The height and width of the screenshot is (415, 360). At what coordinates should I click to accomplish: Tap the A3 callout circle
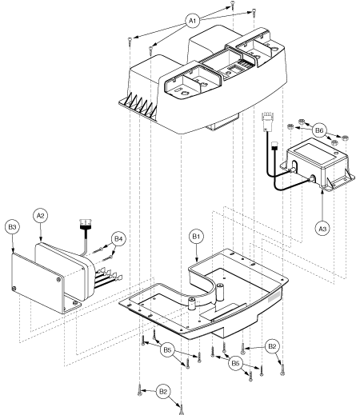coord(322,229)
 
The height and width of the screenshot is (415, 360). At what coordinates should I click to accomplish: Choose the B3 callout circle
coord(12,227)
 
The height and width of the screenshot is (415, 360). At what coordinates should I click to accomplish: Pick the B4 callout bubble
coord(118,238)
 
